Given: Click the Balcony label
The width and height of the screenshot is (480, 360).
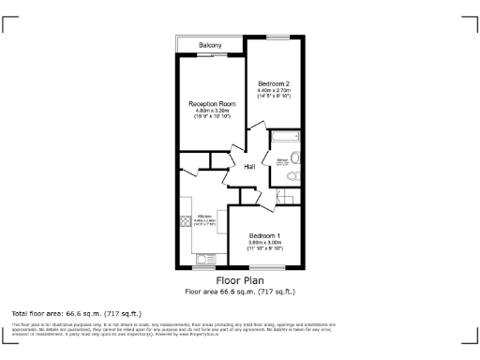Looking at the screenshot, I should pyautogui.click(x=210, y=46).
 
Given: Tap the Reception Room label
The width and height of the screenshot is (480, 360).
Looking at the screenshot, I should pyautogui.click(x=210, y=103).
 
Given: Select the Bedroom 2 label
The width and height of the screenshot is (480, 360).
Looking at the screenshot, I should pyautogui.click(x=275, y=83).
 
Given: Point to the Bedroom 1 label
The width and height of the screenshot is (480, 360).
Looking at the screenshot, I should pyautogui.click(x=264, y=235).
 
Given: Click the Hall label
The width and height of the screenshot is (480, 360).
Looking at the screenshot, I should pyautogui.click(x=250, y=167).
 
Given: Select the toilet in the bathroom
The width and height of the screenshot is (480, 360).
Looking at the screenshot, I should pyautogui.click(x=293, y=175).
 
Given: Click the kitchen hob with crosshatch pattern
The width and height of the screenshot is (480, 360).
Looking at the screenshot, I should pyautogui.click(x=185, y=221).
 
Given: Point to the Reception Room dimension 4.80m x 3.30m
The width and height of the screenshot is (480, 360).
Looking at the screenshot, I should pyautogui.click(x=210, y=111).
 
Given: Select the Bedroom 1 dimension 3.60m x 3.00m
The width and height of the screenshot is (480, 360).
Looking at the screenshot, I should pyautogui.click(x=264, y=243).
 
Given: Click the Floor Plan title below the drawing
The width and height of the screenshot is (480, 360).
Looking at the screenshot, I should pyautogui.click(x=239, y=279).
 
